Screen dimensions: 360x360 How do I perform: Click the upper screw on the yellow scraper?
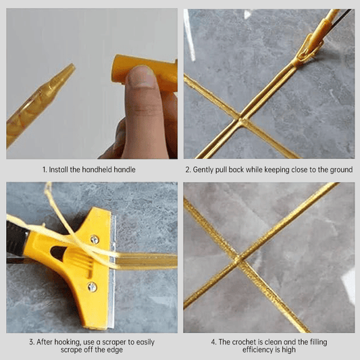pos(95,240)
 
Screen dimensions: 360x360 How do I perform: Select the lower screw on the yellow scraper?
pos(92,287)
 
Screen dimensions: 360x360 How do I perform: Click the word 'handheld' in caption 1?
pos(97,170)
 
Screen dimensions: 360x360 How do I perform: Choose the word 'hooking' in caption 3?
pos(68,342)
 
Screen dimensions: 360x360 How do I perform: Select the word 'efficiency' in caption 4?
pos(262,350)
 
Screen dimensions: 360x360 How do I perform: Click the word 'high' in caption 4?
pos(289,351)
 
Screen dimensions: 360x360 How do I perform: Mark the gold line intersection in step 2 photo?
pos(240,120)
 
